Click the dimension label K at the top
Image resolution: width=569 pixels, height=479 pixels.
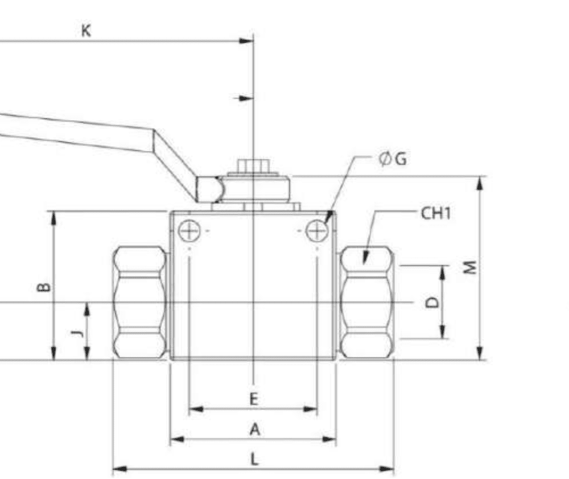click(x=86, y=31)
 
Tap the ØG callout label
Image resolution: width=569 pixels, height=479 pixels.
click(x=393, y=159)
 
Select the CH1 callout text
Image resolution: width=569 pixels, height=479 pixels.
click(x=435, y=213)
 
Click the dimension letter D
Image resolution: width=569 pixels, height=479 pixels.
click(x=433, y=302)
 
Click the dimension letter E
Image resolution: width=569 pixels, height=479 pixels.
click(x=254, y=399)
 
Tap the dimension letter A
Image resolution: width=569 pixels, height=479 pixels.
click(x=254, y=430)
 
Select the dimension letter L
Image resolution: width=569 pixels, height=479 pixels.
click(x=254, y=460)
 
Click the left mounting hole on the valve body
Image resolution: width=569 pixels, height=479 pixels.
click(x=189, y=231)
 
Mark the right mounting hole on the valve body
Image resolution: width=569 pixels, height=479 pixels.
click(x=316, y=231)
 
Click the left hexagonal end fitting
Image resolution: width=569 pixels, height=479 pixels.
click(x=140, y=302)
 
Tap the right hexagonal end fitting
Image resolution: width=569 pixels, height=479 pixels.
click(x=367, y=302)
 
